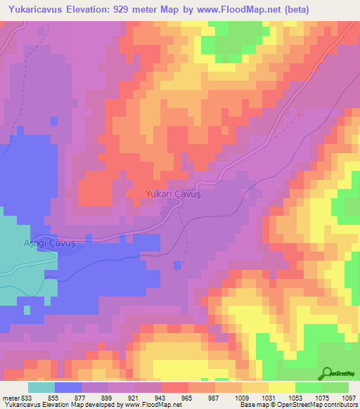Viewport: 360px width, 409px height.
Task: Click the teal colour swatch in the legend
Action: coord(41,388)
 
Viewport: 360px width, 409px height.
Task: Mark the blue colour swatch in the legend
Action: coord(67,388)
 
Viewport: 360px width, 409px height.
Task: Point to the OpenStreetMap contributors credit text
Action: coord(314,405)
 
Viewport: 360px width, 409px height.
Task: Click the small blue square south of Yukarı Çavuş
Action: coord(176,264)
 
